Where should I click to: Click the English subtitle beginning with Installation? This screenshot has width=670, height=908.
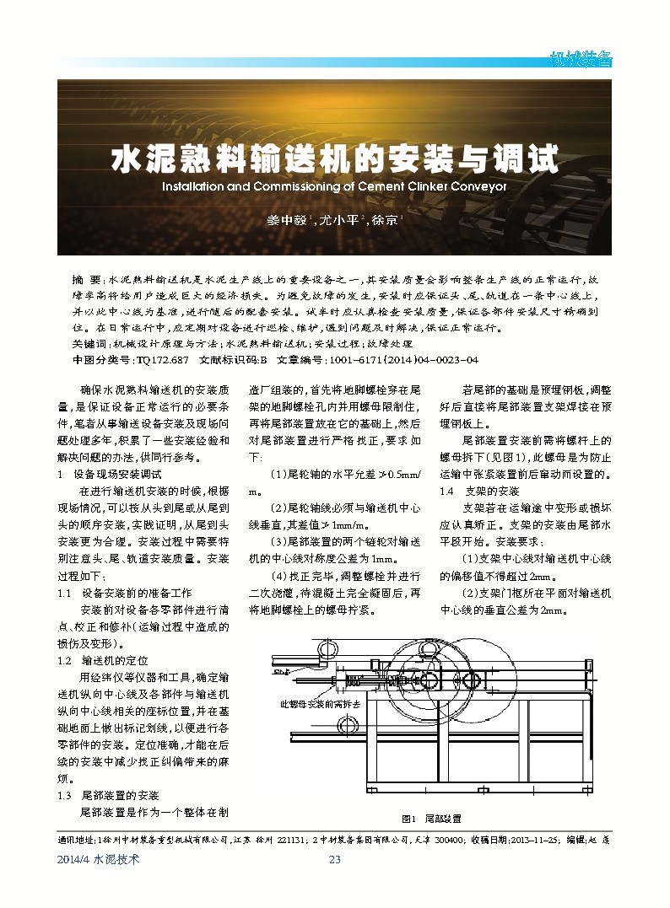point(335,186)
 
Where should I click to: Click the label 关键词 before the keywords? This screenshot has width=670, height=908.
point(91,345)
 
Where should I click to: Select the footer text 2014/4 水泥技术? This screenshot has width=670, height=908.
point(97,859)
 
